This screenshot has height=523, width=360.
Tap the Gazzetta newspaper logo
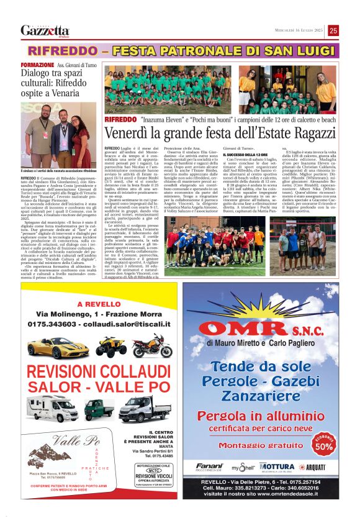point(45,30)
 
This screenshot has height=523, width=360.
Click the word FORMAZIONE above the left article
point(37,65)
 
